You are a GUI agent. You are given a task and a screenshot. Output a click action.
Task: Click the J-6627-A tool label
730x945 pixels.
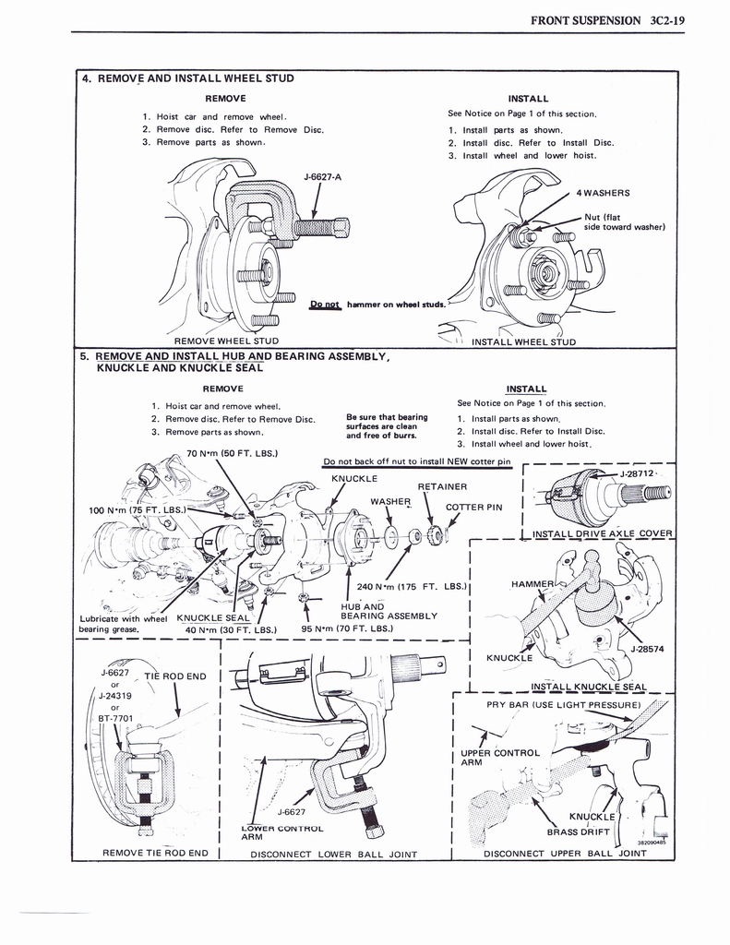click(322, 177)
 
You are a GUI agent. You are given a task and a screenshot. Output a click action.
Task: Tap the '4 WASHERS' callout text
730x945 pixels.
click(602, 193)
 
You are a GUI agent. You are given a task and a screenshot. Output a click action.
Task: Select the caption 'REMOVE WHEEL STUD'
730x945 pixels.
click(226, 341)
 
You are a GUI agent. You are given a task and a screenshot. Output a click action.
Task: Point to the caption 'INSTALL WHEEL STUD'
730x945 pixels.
click(523, 341)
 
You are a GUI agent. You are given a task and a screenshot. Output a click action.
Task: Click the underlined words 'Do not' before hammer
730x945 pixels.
click(326, 304)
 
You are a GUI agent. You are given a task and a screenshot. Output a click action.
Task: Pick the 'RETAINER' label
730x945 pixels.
click(442, 486)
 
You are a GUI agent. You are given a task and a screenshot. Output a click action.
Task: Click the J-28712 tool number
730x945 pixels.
click(637, 473)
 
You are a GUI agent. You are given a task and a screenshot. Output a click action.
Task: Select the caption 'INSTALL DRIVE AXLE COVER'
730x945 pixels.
click(603, 533)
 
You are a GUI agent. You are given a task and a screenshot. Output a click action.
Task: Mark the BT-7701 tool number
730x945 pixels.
click(115, 717)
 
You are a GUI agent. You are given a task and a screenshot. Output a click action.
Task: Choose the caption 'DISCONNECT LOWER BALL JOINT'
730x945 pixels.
click(335, 854)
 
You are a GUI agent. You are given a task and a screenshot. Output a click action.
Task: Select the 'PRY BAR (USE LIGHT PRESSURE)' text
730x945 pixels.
click(563, 705)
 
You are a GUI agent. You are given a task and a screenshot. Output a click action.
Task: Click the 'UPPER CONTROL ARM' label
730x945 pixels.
click(498, 758)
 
